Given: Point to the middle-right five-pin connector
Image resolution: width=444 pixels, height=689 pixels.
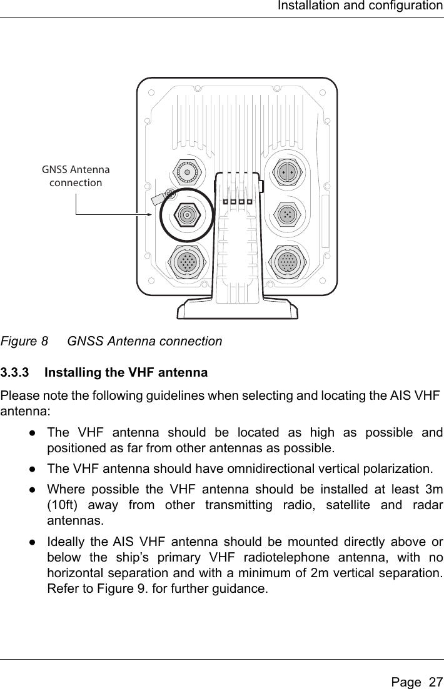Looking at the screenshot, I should coord(286,214).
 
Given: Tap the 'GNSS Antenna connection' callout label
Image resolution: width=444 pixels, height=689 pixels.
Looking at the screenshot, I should coord(76,176).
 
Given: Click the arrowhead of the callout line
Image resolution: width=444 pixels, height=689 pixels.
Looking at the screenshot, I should coord(148,214).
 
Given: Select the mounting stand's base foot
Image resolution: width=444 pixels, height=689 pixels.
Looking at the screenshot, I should coord(237,310).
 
